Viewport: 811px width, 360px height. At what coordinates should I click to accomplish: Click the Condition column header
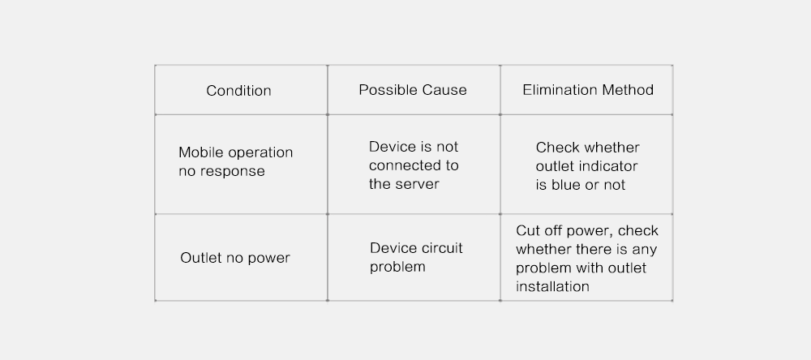[238, 91]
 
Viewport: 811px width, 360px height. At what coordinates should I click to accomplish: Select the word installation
[552, 286]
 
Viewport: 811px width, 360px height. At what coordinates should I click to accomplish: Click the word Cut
[526, 231]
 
